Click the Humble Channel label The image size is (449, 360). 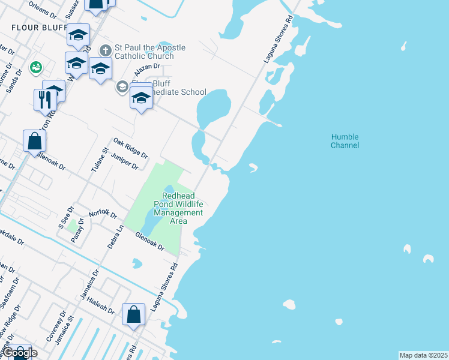[x=345, y=141]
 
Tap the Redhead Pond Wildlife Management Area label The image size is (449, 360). [x=183, y=208]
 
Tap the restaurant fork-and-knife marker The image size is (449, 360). [x=45, y=100]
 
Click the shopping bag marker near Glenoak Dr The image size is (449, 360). [x=35, y=141]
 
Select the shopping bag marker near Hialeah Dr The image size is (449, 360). [x=133, y=314]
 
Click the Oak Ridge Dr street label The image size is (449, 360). [x=130, y=146]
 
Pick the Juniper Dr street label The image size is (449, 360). [x=125, y=161]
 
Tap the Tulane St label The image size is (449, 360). [x=98, y=160]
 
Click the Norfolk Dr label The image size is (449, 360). [x=102, y=214]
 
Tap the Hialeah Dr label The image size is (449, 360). [x=100, y=305]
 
